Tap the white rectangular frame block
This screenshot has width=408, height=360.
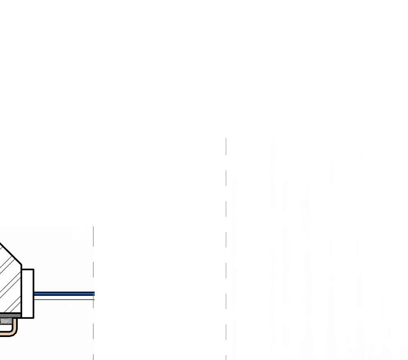28,293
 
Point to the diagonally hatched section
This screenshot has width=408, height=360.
9,284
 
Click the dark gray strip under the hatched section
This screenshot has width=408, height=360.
10,315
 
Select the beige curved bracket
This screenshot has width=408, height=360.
16,327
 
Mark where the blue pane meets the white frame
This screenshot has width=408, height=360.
34,293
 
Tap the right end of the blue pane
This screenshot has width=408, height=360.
94,293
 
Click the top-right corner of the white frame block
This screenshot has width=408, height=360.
34,270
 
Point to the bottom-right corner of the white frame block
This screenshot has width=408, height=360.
34,318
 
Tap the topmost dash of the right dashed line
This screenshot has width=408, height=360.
226,147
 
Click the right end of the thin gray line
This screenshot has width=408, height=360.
94,299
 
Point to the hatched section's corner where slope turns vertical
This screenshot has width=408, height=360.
21,264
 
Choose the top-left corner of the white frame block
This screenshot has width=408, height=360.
22,270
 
